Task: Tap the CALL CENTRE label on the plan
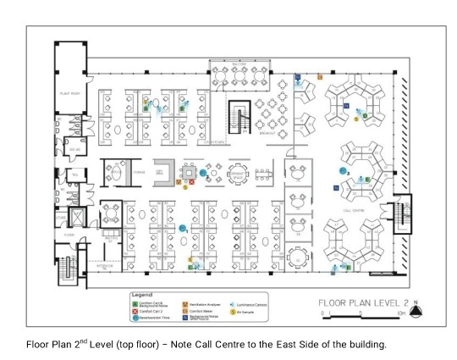[354, 207]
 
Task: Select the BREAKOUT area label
[271, 132]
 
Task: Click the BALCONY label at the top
[240, 63]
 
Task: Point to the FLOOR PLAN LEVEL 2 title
[363, 302]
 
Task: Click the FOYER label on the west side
[69, 235]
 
